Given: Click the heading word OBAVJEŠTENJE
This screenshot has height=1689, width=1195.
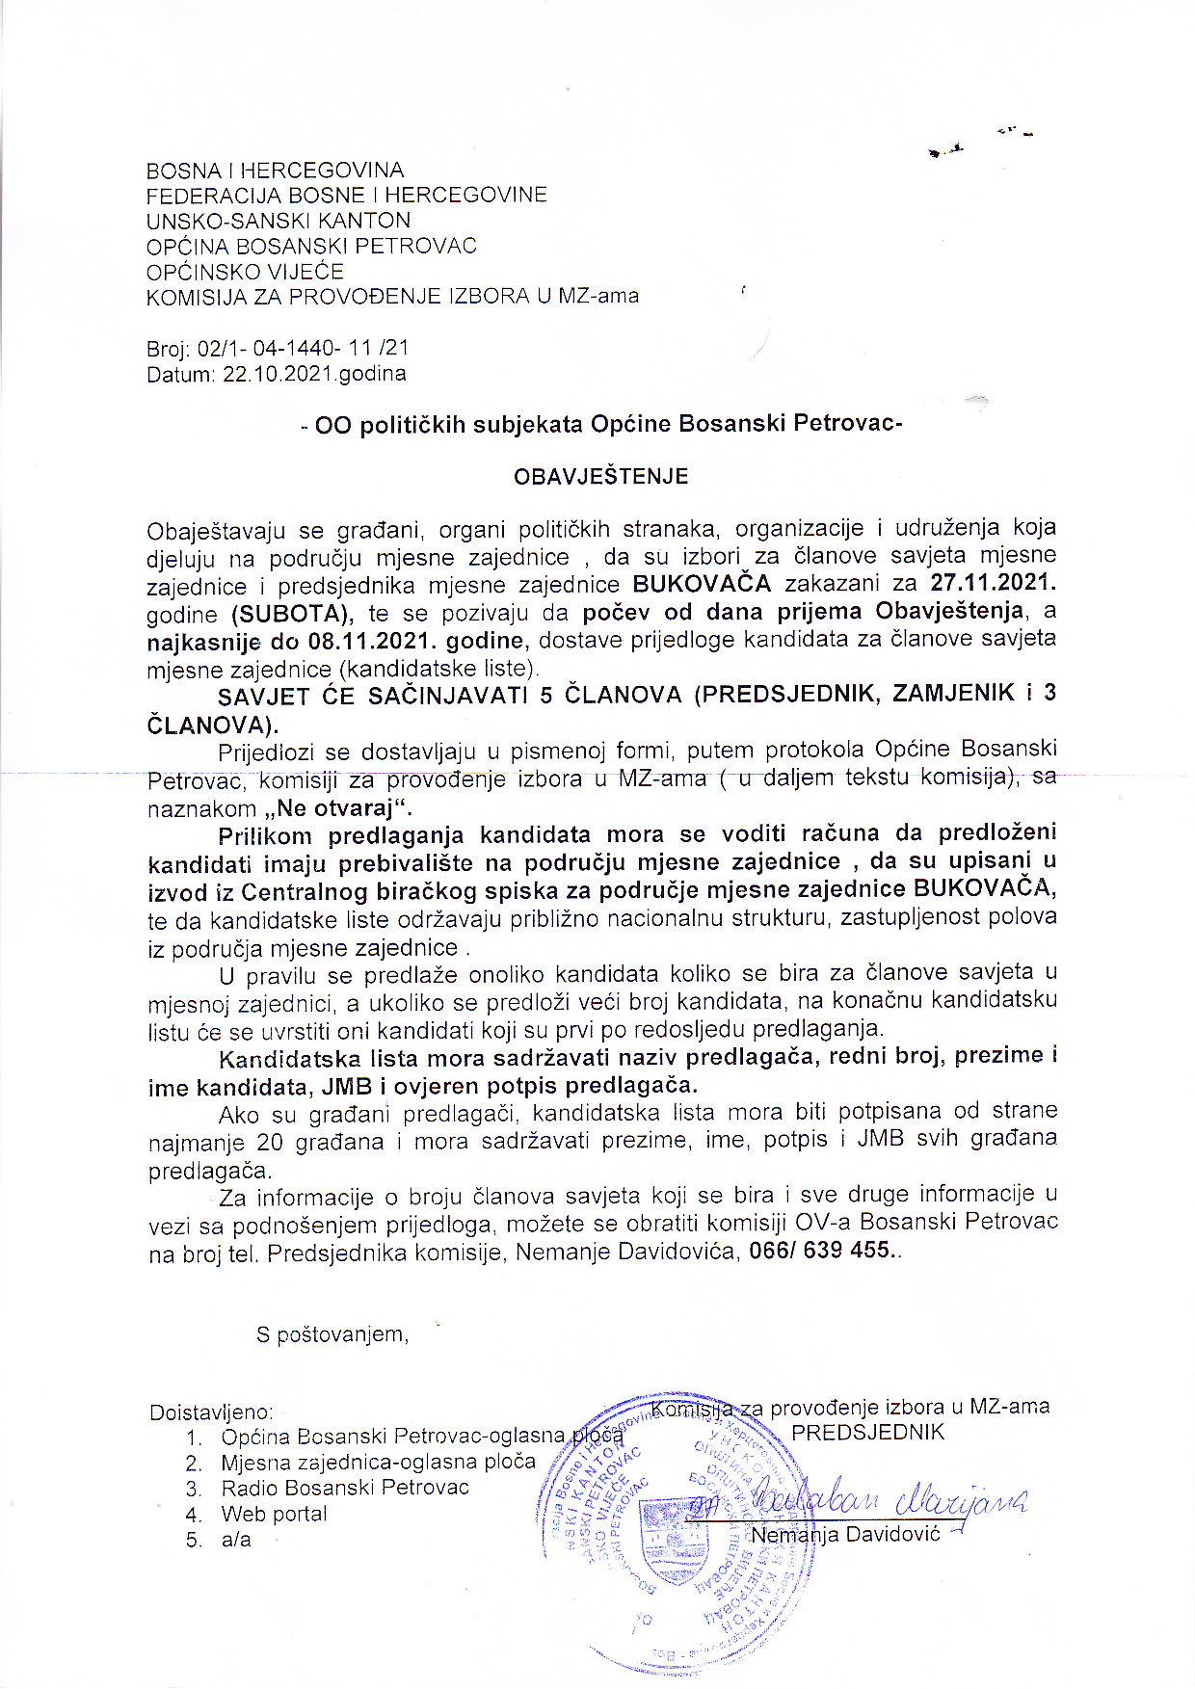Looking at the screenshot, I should tap(600, 476).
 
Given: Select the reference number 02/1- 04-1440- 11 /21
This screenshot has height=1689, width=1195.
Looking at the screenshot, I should tap(303, 348).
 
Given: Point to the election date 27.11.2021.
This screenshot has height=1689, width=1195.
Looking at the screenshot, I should tap(993, 583).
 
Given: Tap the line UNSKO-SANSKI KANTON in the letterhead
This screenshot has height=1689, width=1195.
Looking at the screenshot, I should tap(279, 221).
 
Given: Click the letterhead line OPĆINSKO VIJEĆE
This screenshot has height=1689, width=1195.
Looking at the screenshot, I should tap(245, 271).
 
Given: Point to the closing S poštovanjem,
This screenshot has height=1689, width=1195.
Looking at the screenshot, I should tap(332, 1334).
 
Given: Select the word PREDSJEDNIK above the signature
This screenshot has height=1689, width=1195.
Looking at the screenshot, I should tap(867, 1432).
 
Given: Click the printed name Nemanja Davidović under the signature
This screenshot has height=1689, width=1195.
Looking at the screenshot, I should tap(845, 1534).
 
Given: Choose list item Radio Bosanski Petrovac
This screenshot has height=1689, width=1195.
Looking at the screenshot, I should tap(344, 1488).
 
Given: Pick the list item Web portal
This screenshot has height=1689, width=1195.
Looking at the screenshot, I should tap(274, 1514).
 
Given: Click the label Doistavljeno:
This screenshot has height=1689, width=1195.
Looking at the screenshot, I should tap(211, 1412).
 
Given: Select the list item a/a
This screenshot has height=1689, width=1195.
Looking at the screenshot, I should tap(236, 1540).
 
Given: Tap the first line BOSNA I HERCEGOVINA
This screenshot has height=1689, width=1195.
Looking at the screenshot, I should tap(275, 171).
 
